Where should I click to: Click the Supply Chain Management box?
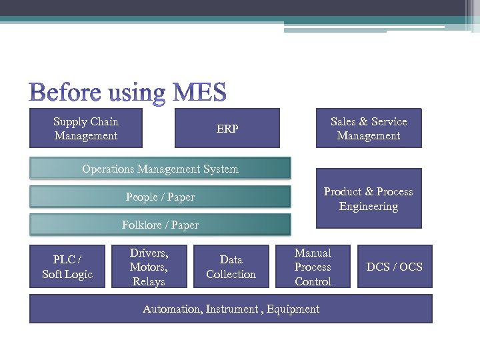pos(85,128)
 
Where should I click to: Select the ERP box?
pos(227,128)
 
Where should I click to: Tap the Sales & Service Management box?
pos(369,128)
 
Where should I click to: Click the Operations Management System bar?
pos(160,169)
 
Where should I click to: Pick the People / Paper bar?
pos(160,197)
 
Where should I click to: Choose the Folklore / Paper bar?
pos(160,225)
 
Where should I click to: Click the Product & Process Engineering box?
pos(369,199)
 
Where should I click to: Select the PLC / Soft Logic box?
pos(67,267)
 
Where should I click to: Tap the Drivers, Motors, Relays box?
pos(149,267)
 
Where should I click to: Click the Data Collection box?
pos(231,267)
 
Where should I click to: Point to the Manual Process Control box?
pos(313,267)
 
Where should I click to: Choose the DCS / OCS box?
pos(395,267)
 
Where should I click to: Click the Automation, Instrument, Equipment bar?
pos(231,309)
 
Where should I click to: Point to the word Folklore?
pos(141,225)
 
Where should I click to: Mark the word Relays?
pos(149,281)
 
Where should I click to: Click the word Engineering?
pos(369,206)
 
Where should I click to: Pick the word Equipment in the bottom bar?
pos(293,309)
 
